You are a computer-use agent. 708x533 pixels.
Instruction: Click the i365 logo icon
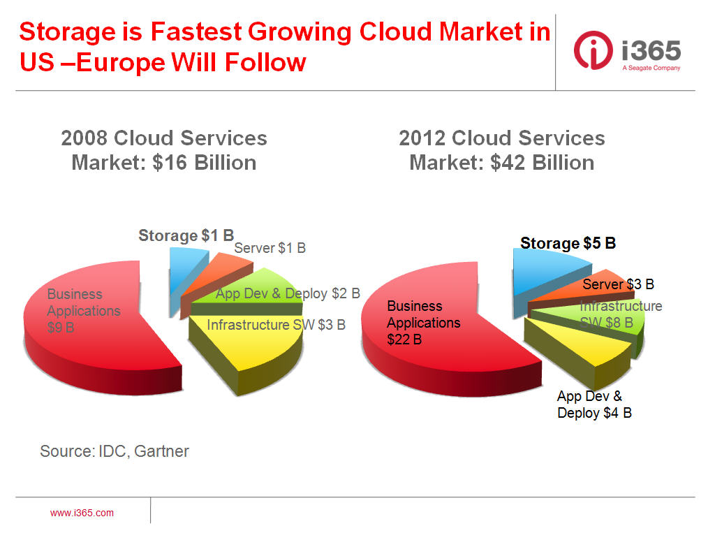click(x=593, y=50)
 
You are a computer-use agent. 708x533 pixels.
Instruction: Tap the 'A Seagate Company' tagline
click(x=651, y=68)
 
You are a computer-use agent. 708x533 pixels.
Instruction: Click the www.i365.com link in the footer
click(x=82, y=513)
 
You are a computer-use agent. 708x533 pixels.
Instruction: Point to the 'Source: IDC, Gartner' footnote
click(x=115, y=451)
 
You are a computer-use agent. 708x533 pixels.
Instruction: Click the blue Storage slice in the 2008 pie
click(x=183, y=275)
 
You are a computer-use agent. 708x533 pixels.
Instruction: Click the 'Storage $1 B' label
click(x=186, y=235)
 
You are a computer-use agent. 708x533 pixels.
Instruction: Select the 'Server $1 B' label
click(x=270, y=248)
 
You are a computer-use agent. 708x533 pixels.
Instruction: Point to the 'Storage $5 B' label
click(x=568, y=243)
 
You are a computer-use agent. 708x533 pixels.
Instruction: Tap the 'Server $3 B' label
click(x=618, y=284)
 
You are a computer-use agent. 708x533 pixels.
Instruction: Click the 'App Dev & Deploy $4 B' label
click(x=594, y=404)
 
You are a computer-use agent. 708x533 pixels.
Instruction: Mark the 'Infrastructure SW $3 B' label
click(x=276, y=325)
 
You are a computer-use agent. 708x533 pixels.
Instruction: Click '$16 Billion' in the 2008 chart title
click(x=204, y=163)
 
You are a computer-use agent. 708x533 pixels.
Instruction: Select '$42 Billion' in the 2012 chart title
click(x=542, y=163)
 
